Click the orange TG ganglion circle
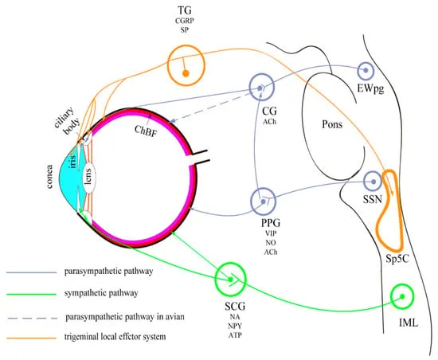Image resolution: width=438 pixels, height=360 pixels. pyautogui.click(x=186, y=62)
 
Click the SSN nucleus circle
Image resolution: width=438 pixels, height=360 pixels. pyautogui.click(x=373, y=182)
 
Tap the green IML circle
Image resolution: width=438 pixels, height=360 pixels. pyautogui.click(x=405, y=297)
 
